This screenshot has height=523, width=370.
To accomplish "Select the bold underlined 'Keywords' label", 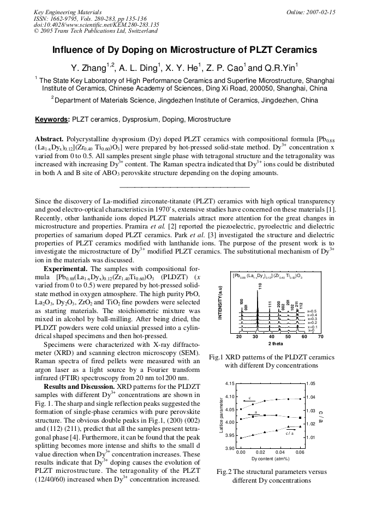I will tap(51, 119).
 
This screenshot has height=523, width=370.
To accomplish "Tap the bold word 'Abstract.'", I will tap(50, 139).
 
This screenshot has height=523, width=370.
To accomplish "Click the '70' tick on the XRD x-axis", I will tap(320, 337).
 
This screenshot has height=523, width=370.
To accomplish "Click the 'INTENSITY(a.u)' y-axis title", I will tap(220, 307).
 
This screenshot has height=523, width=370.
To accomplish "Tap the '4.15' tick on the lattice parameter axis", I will tap(230, 384).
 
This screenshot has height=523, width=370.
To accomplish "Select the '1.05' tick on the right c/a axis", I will tap(311, 384).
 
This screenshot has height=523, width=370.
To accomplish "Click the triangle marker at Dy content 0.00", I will tap(241, 437).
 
